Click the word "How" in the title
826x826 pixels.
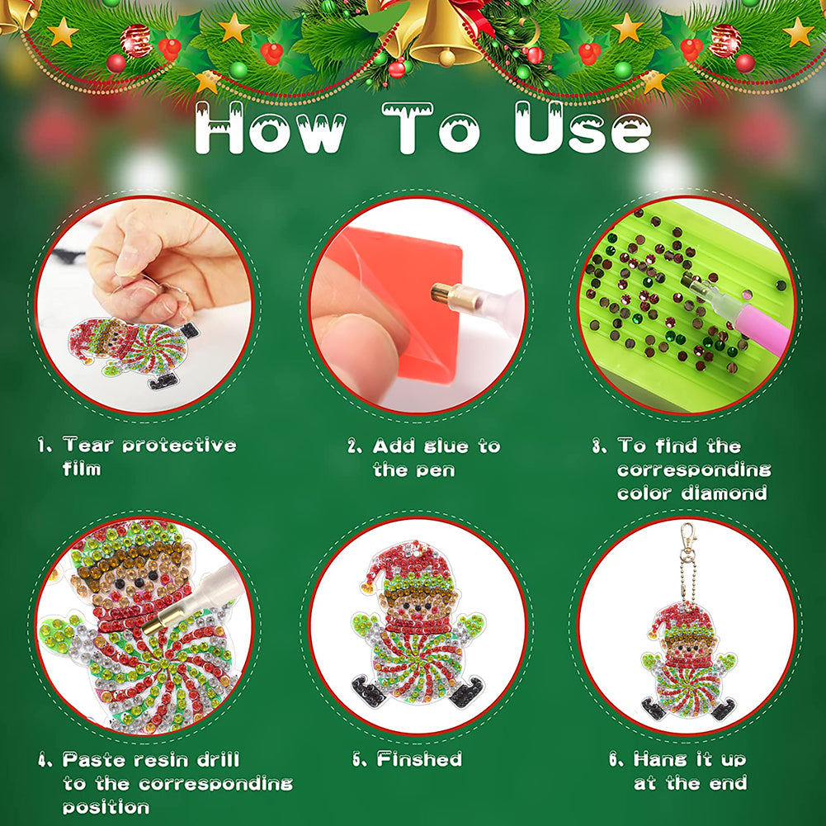coord(270,129)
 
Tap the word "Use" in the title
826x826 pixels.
coord(583,128)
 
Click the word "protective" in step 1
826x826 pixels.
coord(179,446)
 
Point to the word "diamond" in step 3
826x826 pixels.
coord(724,493)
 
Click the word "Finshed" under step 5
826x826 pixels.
coord(419,759)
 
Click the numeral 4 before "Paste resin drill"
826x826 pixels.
coord(43,760)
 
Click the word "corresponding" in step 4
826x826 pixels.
coord(215,785)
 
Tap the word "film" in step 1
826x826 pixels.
coord(81,469)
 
